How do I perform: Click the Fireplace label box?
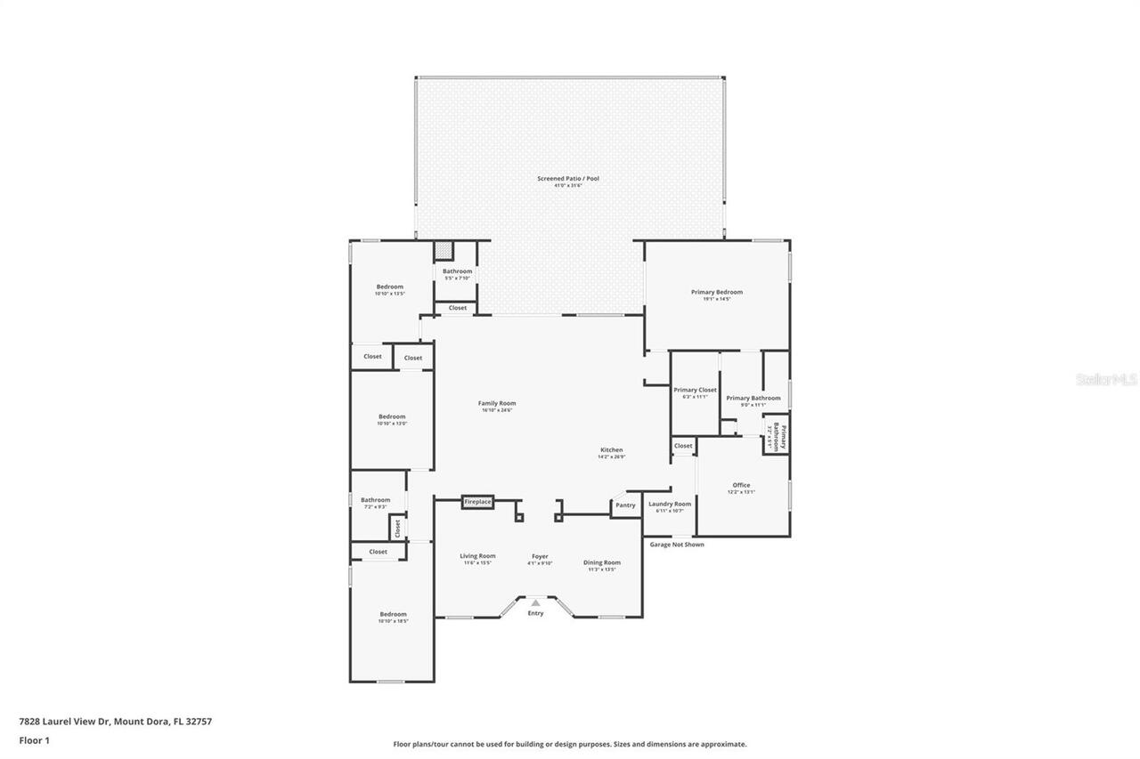click(477, 502)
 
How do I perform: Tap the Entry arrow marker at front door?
click(535, 603)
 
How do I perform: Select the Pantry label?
click(625, 505)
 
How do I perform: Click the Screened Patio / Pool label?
click(568, 179)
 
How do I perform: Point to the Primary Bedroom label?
click(716, 292)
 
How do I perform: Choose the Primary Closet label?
click(695, 390)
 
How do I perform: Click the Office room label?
click(741, 485)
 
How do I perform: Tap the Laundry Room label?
click(670, 504)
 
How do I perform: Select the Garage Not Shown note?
click(676, 545)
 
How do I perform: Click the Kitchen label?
click(611, 450)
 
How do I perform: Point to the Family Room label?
click(497, 403)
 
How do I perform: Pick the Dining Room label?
click(602, 562)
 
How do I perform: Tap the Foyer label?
click(540, 556)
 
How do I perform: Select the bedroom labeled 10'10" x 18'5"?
click(393, 614)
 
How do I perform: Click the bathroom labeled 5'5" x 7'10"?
click(458, 271)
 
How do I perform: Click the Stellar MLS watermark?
click(1107, 379)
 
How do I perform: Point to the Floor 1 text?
click(35, 740)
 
